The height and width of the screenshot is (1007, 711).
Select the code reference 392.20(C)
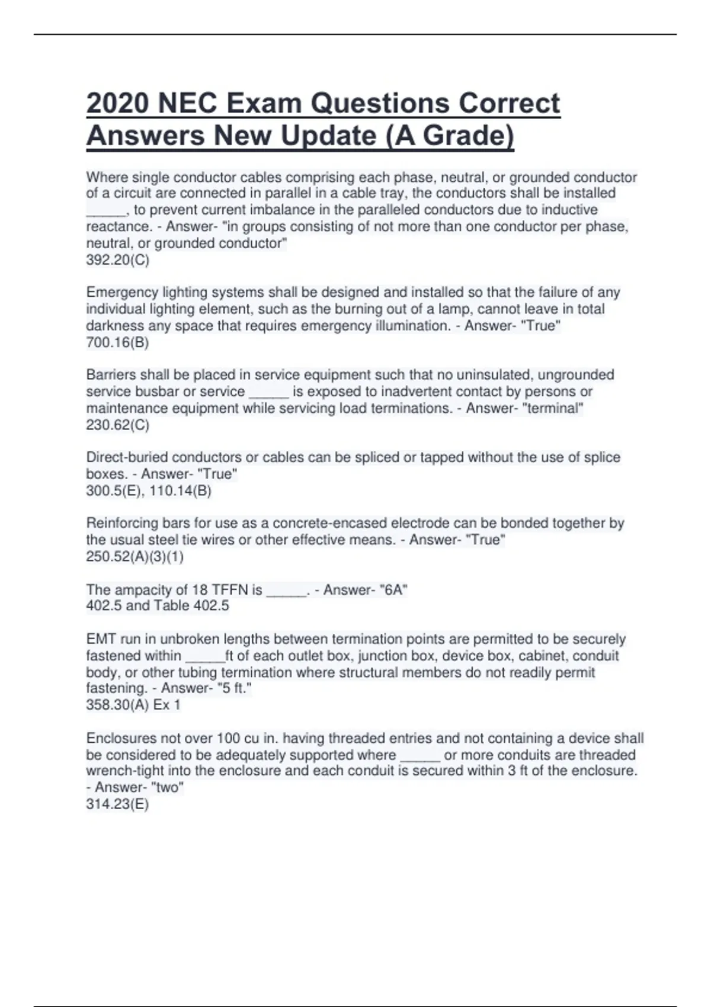pos(117,260)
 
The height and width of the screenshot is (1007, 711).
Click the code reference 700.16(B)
pos(117,342)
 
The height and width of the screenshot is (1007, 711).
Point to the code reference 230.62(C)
pos(117,425)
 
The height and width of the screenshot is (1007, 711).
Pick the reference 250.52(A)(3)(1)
pos(134,556)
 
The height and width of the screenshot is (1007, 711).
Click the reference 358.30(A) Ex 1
pos(133,705)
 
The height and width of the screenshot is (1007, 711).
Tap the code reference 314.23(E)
pos(117,804)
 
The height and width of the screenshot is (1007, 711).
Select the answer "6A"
pos(392,590)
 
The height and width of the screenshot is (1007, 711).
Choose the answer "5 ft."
pos(235,688)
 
